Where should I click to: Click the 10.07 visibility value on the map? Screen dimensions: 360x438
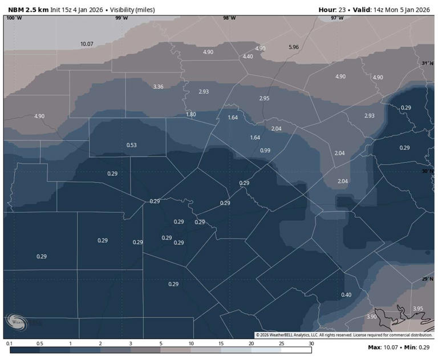87,44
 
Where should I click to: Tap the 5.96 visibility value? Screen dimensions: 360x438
294,47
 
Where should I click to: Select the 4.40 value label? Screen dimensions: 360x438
248,56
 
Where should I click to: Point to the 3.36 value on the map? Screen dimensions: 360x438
159,87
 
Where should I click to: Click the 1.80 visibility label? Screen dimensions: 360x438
191,115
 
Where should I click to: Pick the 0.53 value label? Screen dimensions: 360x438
131,145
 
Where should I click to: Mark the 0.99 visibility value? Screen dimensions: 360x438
265,151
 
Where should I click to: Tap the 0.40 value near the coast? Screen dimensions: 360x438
346,295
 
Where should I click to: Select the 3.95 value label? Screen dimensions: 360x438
418,309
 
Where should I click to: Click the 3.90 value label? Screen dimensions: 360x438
371,317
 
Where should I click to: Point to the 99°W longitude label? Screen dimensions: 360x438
121,18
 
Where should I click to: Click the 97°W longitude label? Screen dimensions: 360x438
337,18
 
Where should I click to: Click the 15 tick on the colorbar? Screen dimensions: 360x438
221,343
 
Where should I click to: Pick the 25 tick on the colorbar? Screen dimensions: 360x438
281,343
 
